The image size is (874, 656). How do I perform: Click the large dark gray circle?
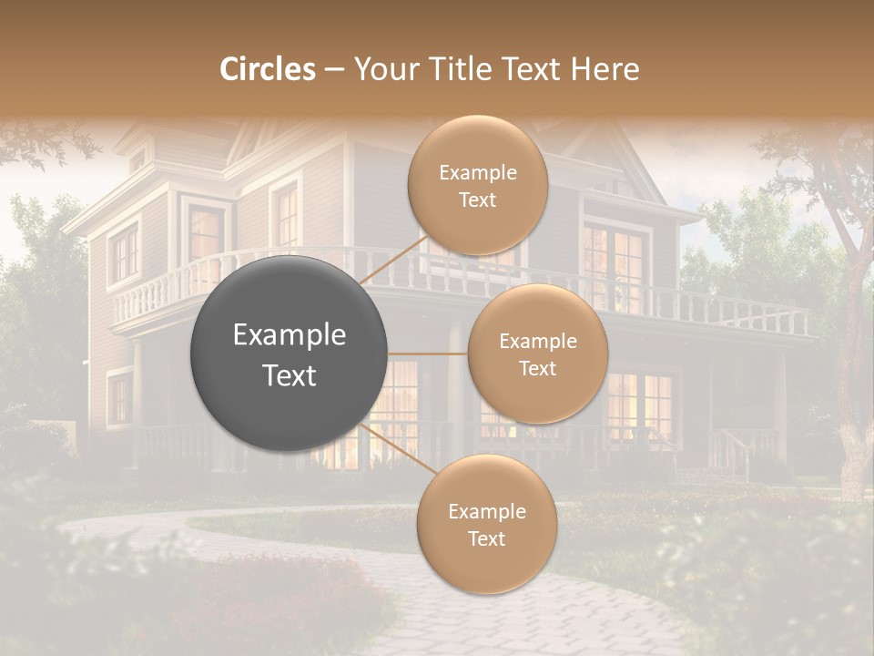pyautogui.click(x=290, y=354)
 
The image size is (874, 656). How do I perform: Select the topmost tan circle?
pyautogui.click(x=477, y=186)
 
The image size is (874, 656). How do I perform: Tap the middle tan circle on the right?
pyautogui.click(x=537, y=354)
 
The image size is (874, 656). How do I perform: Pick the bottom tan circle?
pyautogui.click(x=486, y=525)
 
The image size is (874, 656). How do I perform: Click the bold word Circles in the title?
pyautogui.click(x=268, y=69)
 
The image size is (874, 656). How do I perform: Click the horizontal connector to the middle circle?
pyautogui.click(x=428, y=354)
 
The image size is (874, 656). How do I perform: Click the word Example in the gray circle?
pyautogui.click(x=290, y=335)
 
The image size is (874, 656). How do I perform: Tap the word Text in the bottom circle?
pyautogui.click(x=486, y=538)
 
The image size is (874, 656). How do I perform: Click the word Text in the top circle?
pyautogui.click(x=477, y=200)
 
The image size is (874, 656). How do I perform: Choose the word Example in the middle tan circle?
pyautogui.click(x=537, y=342)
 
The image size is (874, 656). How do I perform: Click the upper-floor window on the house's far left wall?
pyautogui.click(x=123, y=251)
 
